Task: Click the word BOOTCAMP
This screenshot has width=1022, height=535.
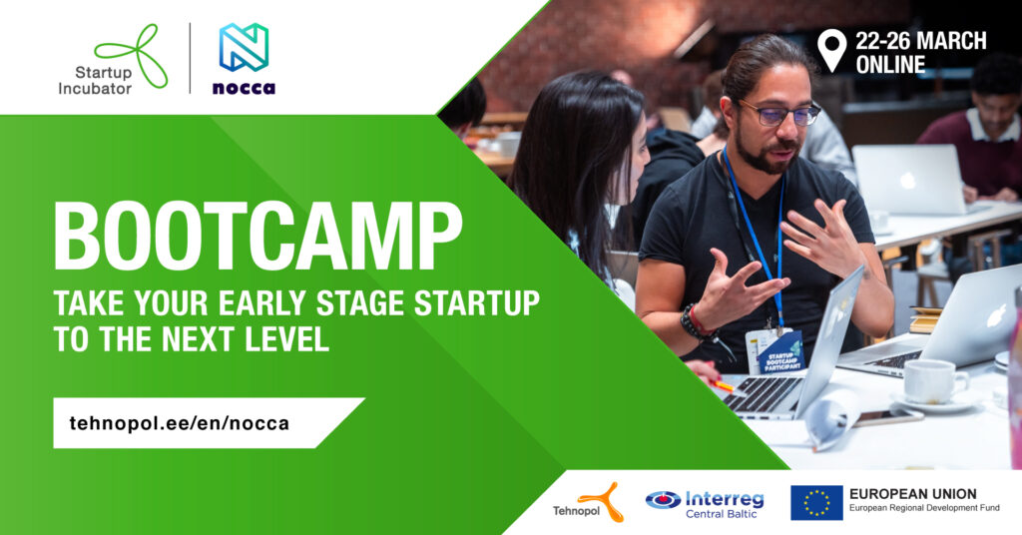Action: pyautogui.click(x=258, y=237)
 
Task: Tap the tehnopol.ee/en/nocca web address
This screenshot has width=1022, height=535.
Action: pyautogui.click(x=180, y=423)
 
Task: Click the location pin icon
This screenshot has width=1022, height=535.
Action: pyautogui.click(x=831, y=50)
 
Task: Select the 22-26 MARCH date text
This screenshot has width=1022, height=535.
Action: pyautogui.click(x=921, y=41)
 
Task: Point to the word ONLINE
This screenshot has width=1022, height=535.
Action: pyautogui.click(x=890, y=65)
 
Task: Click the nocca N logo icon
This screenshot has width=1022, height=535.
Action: pyautogui.click(x=244, y=47)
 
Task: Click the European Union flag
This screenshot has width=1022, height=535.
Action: pyautogui.click(x=816, y=502)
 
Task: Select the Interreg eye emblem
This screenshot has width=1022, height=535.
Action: pyautogui.click(x=663, y=500)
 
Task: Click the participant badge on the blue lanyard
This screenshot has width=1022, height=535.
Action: pyautogui.click(x=774, y=351)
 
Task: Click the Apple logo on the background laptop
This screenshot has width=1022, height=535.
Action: pyautogui.click(x=907, y=181)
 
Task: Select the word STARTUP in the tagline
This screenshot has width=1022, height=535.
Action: pyautogui.click(x=477, y=303)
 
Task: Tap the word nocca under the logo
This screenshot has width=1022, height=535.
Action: pyautogui.click(x=244, y=88)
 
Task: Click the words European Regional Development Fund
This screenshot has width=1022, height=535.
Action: pyautogui.click(x=924, y=508)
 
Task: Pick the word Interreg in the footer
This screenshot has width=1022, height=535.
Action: pyautogui.click(x=725, y=499)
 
